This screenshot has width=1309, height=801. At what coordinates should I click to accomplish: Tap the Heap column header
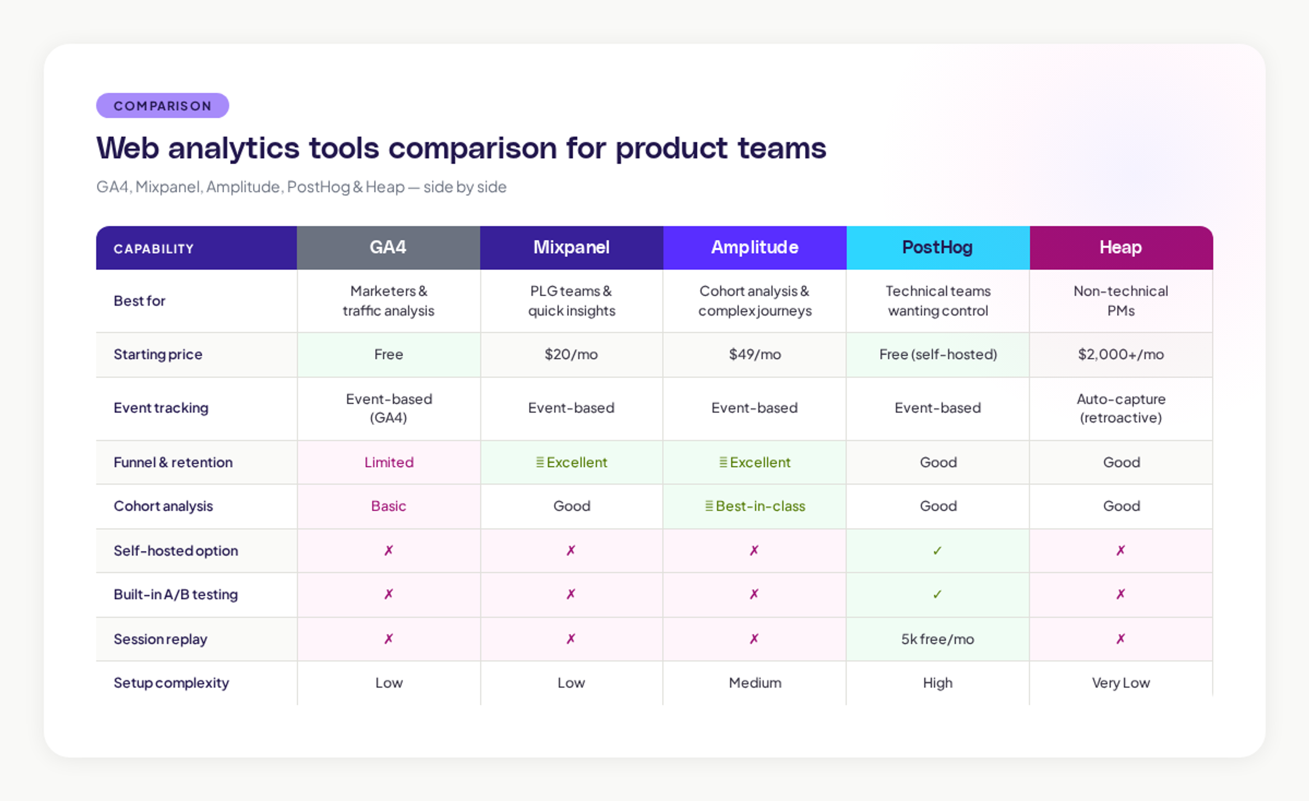tap(1120, 247)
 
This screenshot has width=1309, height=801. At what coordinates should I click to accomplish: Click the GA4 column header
tap(388, 247)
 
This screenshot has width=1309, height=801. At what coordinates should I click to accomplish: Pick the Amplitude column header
tap(754, 247)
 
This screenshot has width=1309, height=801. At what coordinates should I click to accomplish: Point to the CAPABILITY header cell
tap(154, 249)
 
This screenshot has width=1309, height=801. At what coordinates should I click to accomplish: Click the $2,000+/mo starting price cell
tap(1120, 355)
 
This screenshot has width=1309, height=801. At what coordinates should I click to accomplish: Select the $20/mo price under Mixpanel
tap(571, 355)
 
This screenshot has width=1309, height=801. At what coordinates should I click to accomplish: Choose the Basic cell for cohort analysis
tap(388, 506)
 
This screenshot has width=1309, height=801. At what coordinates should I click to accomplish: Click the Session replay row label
tap(161, 639)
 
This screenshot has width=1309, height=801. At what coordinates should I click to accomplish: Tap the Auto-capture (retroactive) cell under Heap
tap(1120, 408)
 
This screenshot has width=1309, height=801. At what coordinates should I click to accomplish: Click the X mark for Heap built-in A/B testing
tap(1120, 594)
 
